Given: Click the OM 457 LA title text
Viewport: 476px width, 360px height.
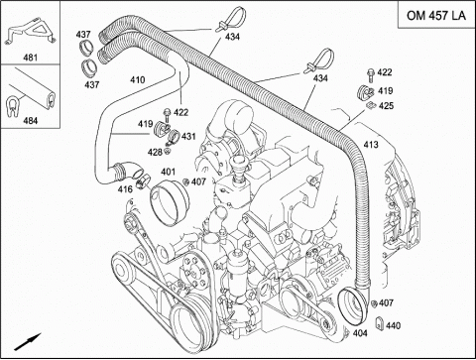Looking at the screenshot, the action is tap(436, 15).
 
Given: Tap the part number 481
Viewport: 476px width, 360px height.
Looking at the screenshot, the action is tap(30, 58).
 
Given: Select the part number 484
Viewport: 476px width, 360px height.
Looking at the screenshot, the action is tap(30, 120).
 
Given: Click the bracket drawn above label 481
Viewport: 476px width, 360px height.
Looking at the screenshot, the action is tap(32, 32).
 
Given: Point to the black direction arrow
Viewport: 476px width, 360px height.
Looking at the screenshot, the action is tap(28, 341).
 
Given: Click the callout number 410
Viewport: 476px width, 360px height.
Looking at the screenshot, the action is tap(137, 79).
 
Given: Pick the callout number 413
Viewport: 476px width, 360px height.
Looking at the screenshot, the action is tap(371, 145).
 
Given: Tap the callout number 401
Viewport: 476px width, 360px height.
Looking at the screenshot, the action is tap(168, 172).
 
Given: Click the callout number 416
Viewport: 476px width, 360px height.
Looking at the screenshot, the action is tap(125, 189).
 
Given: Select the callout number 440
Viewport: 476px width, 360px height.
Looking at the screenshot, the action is tap(393, 325).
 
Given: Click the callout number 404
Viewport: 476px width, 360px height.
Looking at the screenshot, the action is tap(360, 333).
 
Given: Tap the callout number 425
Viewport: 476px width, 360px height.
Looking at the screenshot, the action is tap(386, 106).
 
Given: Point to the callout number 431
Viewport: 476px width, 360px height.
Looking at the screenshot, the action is tap(188, 136).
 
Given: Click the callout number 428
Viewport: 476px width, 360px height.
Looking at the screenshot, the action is tap(155, 152).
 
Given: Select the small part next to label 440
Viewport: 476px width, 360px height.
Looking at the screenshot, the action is tap(380, 323).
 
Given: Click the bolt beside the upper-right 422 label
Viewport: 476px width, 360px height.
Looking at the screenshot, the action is tap(371, 74).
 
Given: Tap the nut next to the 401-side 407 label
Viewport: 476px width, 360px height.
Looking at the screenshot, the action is tap(185, 181).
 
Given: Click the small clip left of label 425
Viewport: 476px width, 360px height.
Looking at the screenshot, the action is tap(371, 105).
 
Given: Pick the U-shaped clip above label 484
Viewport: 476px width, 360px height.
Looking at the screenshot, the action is tap(13, 106).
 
